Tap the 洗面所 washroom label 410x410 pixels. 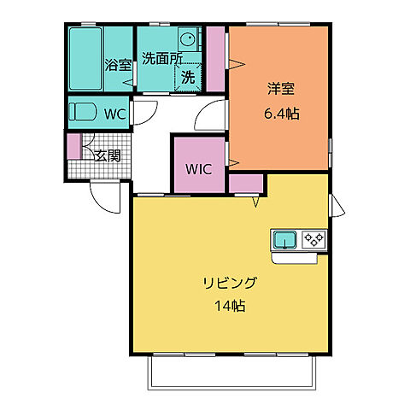(161, 59)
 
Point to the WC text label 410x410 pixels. (116, 112)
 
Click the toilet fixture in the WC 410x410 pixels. (84, 112)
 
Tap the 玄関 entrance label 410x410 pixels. (107, 155)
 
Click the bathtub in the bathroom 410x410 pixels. (85, 56)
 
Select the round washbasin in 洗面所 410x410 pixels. (187, 39)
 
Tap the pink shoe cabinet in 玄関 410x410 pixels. (74, 146)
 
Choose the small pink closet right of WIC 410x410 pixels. (246, 183)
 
